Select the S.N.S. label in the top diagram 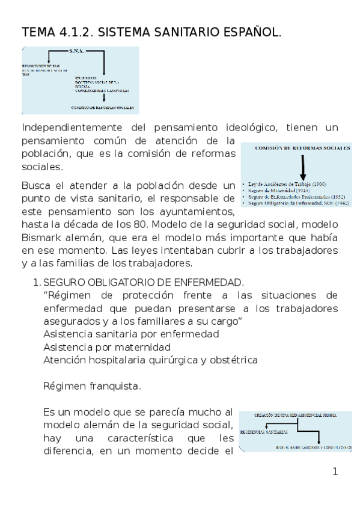tap(79, 52)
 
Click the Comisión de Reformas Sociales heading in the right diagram tap(296, 147)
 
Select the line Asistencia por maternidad tap(107, 347)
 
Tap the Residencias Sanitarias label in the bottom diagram tap(264, 432)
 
